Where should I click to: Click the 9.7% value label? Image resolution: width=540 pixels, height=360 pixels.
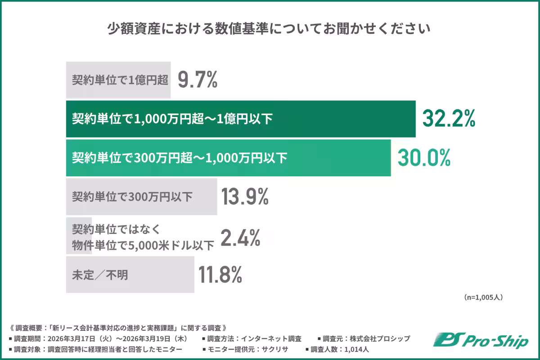[198, 80]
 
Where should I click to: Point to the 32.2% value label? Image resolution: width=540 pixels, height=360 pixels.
[449, 119]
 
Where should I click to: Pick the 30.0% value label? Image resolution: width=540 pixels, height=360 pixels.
[423, 158]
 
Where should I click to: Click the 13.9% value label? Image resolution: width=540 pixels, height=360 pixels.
[245, 197]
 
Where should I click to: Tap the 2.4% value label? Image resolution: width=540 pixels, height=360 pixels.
[241, 238]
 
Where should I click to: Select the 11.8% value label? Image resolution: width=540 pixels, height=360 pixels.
[220, 274]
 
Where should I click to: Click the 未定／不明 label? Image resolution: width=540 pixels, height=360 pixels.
[100, 275]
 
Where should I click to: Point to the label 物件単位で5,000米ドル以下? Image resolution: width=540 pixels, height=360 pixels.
[143, 246]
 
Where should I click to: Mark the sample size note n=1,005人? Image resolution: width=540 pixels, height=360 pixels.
[483, 297]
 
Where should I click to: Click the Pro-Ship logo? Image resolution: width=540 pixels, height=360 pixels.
[480, 341]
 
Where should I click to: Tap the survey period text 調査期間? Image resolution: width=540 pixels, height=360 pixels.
[99, 338]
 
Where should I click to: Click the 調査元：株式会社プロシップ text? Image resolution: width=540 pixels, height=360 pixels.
[364, 338]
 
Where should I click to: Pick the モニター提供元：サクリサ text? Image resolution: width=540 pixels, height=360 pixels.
[245, 349]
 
